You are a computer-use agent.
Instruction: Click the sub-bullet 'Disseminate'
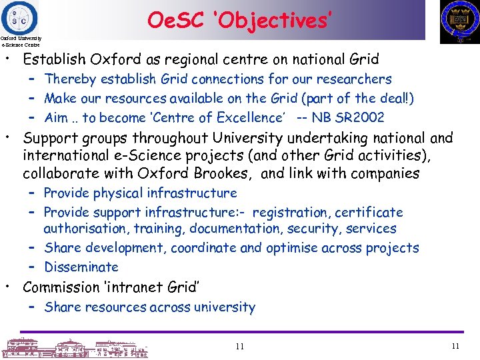click(81, 267)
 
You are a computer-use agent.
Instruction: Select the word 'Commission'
click(61, 287)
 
